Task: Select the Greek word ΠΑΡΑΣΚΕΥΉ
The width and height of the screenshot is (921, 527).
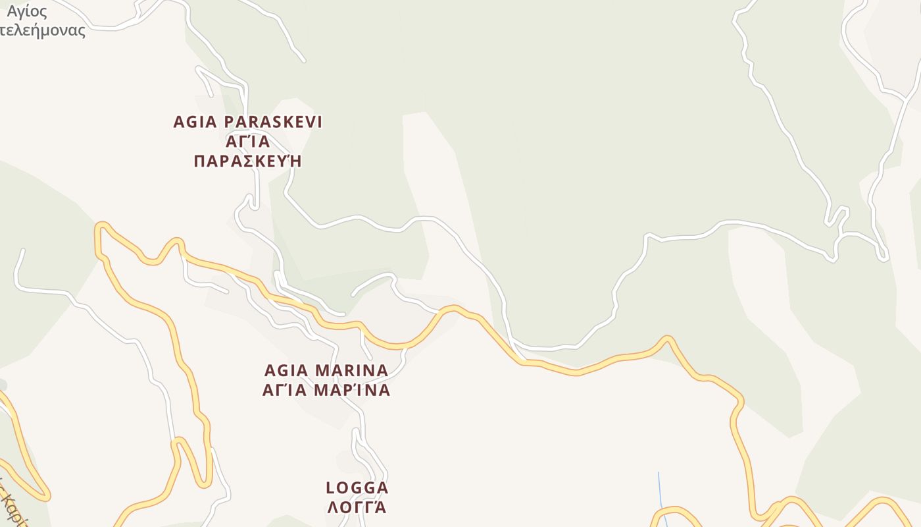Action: [248, 161]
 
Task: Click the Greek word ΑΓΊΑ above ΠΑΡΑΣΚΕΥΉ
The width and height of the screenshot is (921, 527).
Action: [248, 142]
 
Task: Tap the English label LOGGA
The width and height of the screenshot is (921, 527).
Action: [357, 488]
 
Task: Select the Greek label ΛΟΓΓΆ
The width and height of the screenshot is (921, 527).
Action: [356, 507]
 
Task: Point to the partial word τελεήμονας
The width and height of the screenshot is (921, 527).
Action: [43, 30]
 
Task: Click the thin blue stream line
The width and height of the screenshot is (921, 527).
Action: [660, 494]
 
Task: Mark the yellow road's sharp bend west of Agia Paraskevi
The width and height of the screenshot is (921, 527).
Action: [101, 227]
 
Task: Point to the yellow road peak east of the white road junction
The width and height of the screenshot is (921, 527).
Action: [668, 339]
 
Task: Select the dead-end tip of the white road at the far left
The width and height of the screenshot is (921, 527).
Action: [23, 250]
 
